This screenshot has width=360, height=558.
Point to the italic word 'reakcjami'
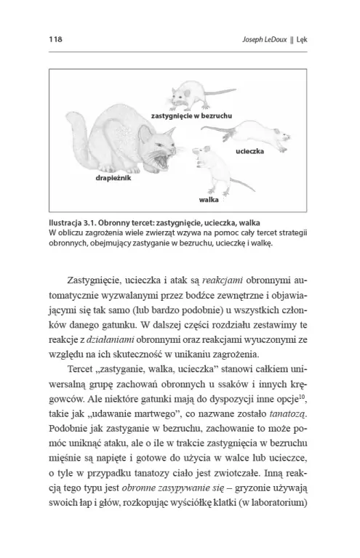(223, 280)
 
